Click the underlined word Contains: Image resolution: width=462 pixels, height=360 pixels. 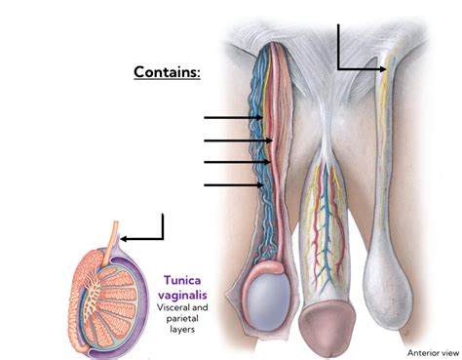click(x=166, y=72)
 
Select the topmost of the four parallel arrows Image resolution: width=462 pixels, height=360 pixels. click(x=233, y=119)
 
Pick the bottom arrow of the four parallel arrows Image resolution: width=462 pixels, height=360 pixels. click(x=233, y=183)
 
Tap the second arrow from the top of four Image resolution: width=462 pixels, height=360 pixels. click(x=237, y=140)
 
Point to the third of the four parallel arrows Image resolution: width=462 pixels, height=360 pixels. click(x=237, y=162)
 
